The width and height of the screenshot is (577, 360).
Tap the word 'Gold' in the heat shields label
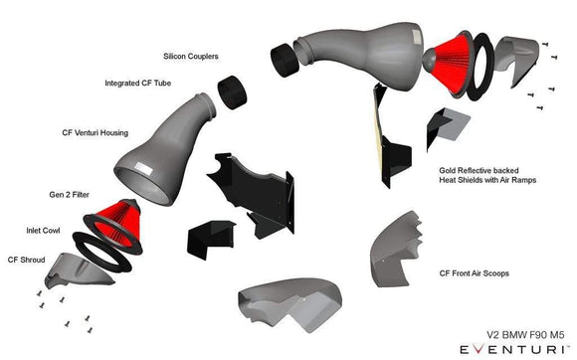tap(450, 170)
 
